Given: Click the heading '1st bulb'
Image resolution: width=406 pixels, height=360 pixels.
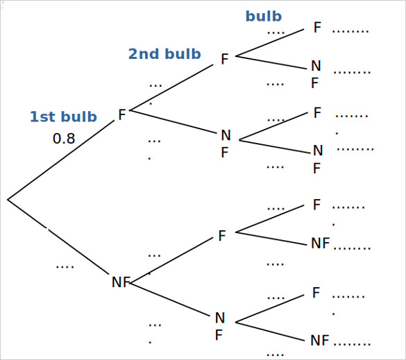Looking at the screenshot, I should coord(63,117).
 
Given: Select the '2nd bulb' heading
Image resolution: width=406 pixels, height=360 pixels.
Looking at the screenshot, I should coord(164,54).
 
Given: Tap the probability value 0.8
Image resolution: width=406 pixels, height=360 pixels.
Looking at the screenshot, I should coord(64,139).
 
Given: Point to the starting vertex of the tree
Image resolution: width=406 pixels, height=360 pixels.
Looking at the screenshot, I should coord(8,200).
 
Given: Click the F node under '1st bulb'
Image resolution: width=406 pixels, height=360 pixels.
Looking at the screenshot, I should coord(122,115).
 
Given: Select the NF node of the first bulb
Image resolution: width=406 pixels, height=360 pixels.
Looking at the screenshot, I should coord(121,282).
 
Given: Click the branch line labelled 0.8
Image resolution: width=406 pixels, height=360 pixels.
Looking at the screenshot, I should coord(62,159).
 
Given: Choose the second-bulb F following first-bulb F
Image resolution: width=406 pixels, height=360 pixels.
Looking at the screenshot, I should coord(224,60).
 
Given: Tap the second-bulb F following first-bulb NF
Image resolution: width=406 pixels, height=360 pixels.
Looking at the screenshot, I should coord(222,237).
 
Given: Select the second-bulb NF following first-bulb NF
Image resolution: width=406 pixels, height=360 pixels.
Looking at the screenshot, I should coord(219,326).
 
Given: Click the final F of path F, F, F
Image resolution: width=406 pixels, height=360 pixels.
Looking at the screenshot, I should coord(317,28).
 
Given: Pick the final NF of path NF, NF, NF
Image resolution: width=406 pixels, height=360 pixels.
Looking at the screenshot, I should coord(320,341).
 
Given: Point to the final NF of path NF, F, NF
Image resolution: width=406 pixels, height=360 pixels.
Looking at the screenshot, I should coord(320,243).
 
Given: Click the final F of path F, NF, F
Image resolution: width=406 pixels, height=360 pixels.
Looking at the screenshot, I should coord(317,113).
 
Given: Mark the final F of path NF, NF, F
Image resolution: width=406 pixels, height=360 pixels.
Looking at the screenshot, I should coord(316,293).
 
